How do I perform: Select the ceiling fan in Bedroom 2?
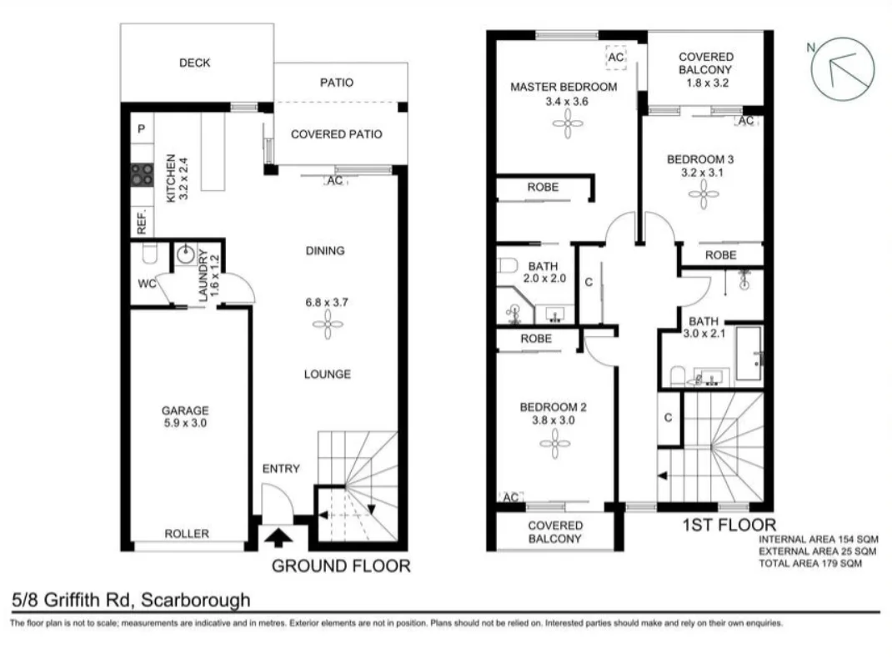[554, 445]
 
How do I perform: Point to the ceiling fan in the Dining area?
[328, 324]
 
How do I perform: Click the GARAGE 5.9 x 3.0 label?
[184, 417]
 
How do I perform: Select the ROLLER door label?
[186, 534]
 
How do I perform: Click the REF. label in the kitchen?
[142, 220]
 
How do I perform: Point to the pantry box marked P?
[142, 129]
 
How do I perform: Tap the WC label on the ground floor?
[147, 284]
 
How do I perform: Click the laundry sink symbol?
[185, 255]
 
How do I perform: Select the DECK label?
[194, 63]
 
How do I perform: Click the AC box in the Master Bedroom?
[615, 57]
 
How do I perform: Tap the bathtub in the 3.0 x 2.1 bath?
[748, 354]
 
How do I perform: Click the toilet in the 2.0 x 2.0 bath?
[505, 267]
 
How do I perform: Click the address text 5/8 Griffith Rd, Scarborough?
[131, 600]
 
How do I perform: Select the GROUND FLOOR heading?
[342, 566]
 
